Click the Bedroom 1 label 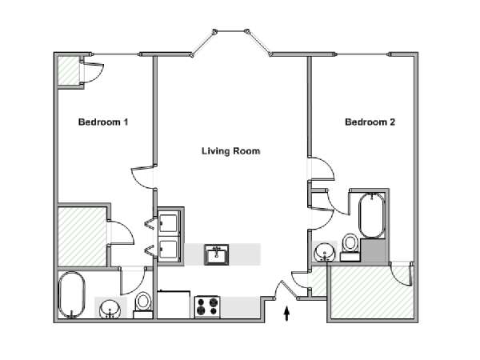click(x=103, y=122)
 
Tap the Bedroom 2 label click(x=370, y=122)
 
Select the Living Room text click(x=231, y=151)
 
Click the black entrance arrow click(x=286, y=314)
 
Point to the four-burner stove click(x=207, y=306)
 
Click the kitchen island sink click(x=217, y=254)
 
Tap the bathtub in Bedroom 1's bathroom click(x=72, y=295)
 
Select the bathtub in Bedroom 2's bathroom click(x=372, y=215)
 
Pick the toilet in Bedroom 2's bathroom click(x=350, y=247)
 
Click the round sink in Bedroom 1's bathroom click(x=110, y=309)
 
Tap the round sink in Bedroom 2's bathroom click(x=325, y=252)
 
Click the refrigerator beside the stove click(x=174, y=304)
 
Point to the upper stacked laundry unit click(x=169, y=223)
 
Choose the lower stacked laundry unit click(x=169, y=250)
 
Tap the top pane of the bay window click(x=231, y=31)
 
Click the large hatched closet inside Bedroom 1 click(x=82, y=237)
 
